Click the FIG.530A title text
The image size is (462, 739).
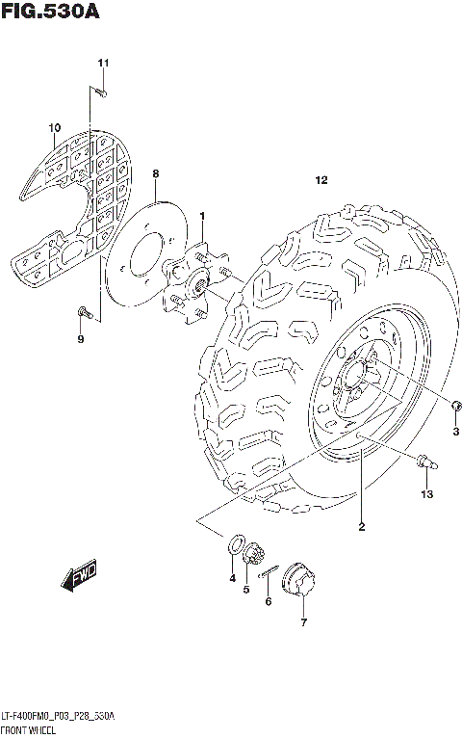[50, 13]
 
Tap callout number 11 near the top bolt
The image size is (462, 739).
[103, 64]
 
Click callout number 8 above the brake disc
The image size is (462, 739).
[155, 172]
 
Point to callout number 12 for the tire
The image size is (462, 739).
[321, 180]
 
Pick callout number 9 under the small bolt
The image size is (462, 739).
[81, 339]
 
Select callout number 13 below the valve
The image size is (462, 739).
[426, 494]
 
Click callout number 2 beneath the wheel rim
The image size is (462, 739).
[361, 525]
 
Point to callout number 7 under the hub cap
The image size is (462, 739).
[302, 623]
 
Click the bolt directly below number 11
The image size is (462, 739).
[100, 92]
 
